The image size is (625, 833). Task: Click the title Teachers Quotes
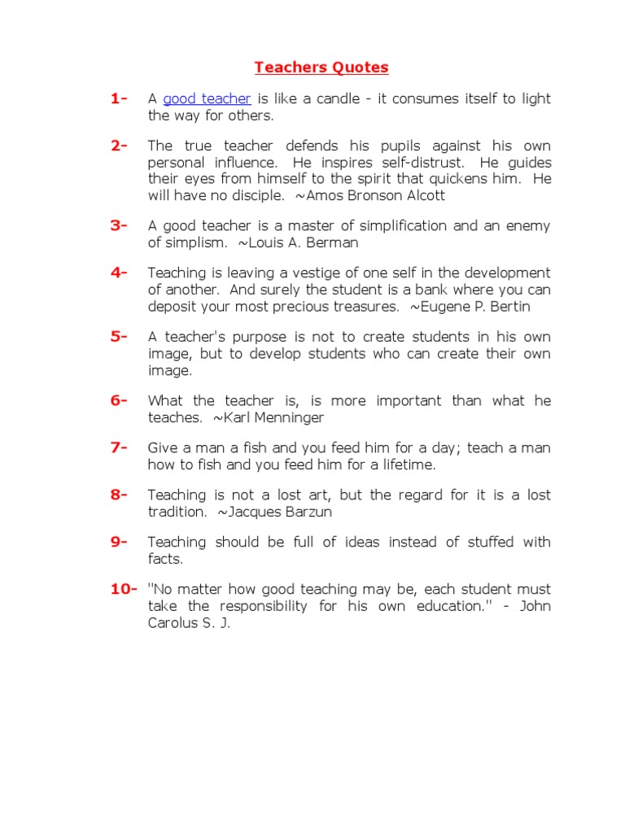click(321, 68)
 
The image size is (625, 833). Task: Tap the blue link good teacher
click(207, 99)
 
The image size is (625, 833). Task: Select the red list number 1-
click(120, 99)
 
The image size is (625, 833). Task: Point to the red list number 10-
click(124, 589)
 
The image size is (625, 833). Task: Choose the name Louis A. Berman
click(303, 243)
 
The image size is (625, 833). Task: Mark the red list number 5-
click(120, 337)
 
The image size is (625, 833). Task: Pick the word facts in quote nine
click(165, 560)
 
